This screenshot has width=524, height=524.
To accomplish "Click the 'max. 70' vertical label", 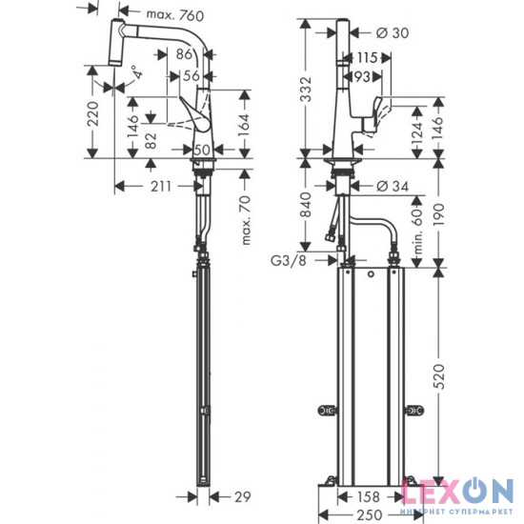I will click(x=246, y=217).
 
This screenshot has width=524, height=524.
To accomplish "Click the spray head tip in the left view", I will click(x=114, y=50).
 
